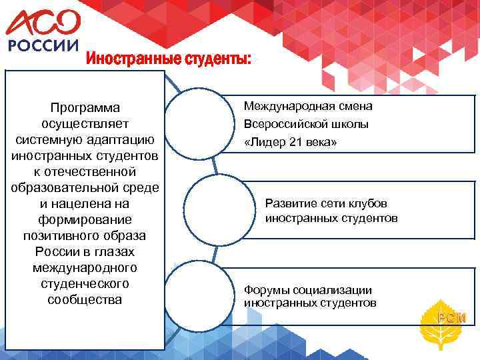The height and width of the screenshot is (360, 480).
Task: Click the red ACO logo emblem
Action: (43, 23)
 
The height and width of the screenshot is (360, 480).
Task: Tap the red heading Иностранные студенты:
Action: (169, 60)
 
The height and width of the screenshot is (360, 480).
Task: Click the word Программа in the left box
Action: (85, 107)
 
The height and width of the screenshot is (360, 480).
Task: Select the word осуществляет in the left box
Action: (85, 123)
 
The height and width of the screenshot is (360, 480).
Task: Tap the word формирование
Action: (85, 219)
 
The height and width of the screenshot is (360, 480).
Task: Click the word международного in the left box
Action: (85, 267)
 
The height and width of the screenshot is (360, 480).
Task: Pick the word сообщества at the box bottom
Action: (85, 299)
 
